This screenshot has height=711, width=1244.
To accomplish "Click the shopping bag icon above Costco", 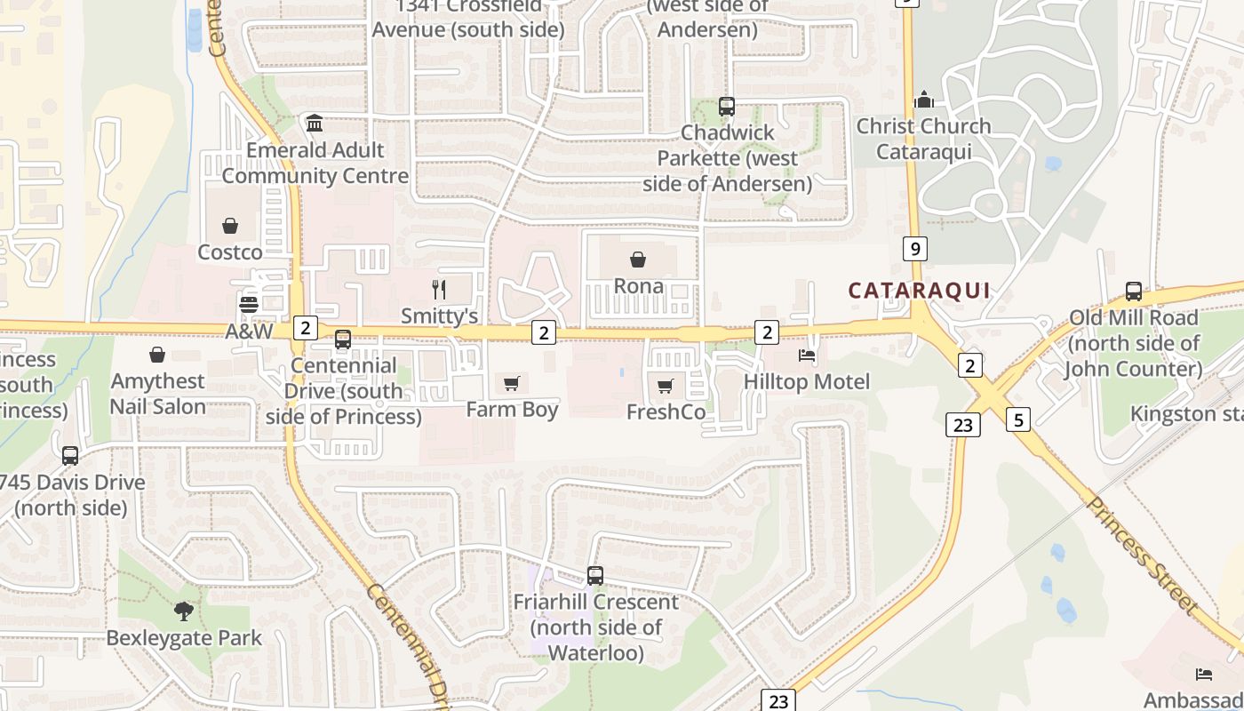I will click(230, 226).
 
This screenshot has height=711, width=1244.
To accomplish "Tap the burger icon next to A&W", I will click(249, 304).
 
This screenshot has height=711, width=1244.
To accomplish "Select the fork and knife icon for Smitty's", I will click(438, 289).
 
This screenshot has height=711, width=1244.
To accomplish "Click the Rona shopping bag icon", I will click(638, 260).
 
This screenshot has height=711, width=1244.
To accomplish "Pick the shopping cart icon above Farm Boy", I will click(511, 383).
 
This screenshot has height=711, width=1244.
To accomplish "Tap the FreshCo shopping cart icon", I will click(666, 386).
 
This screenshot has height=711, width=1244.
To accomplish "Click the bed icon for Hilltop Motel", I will click(807, 355).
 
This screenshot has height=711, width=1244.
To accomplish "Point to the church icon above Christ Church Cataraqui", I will click(924, 99).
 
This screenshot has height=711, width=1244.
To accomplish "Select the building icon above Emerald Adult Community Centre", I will click(315, 123).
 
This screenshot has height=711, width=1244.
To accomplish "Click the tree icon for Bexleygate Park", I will click(184, 611).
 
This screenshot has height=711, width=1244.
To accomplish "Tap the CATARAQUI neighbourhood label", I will click(919, 291).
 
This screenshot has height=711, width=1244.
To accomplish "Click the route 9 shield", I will click(914, 248).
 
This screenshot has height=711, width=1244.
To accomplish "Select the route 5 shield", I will click(1018, 419).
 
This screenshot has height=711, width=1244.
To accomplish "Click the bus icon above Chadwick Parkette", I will click(727, 107).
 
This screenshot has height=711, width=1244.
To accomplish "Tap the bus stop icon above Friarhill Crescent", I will click(595, 576).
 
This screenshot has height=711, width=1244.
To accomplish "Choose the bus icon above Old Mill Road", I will click(1134, 292).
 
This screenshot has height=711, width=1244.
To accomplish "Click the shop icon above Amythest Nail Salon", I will click(157, 355).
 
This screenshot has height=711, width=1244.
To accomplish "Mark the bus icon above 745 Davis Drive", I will click(70, 456).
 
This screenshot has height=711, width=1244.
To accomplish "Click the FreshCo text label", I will click(666, 412).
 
